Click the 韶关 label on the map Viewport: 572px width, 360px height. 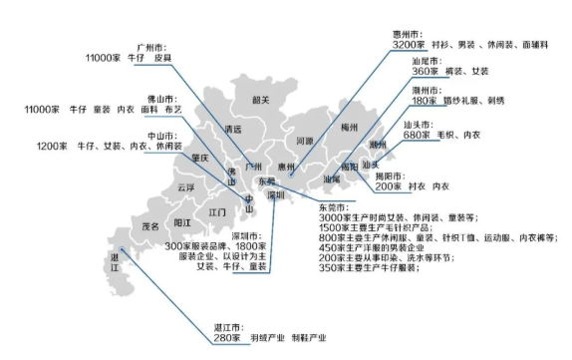pos(260,100)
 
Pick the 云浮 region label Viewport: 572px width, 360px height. pos(186,187)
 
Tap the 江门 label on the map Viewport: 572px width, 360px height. pos(218,212)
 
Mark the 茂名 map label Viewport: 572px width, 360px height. pos(150,226)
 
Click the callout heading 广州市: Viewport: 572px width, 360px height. pos(154,47)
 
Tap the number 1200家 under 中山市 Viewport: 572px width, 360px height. pos(52,147)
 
